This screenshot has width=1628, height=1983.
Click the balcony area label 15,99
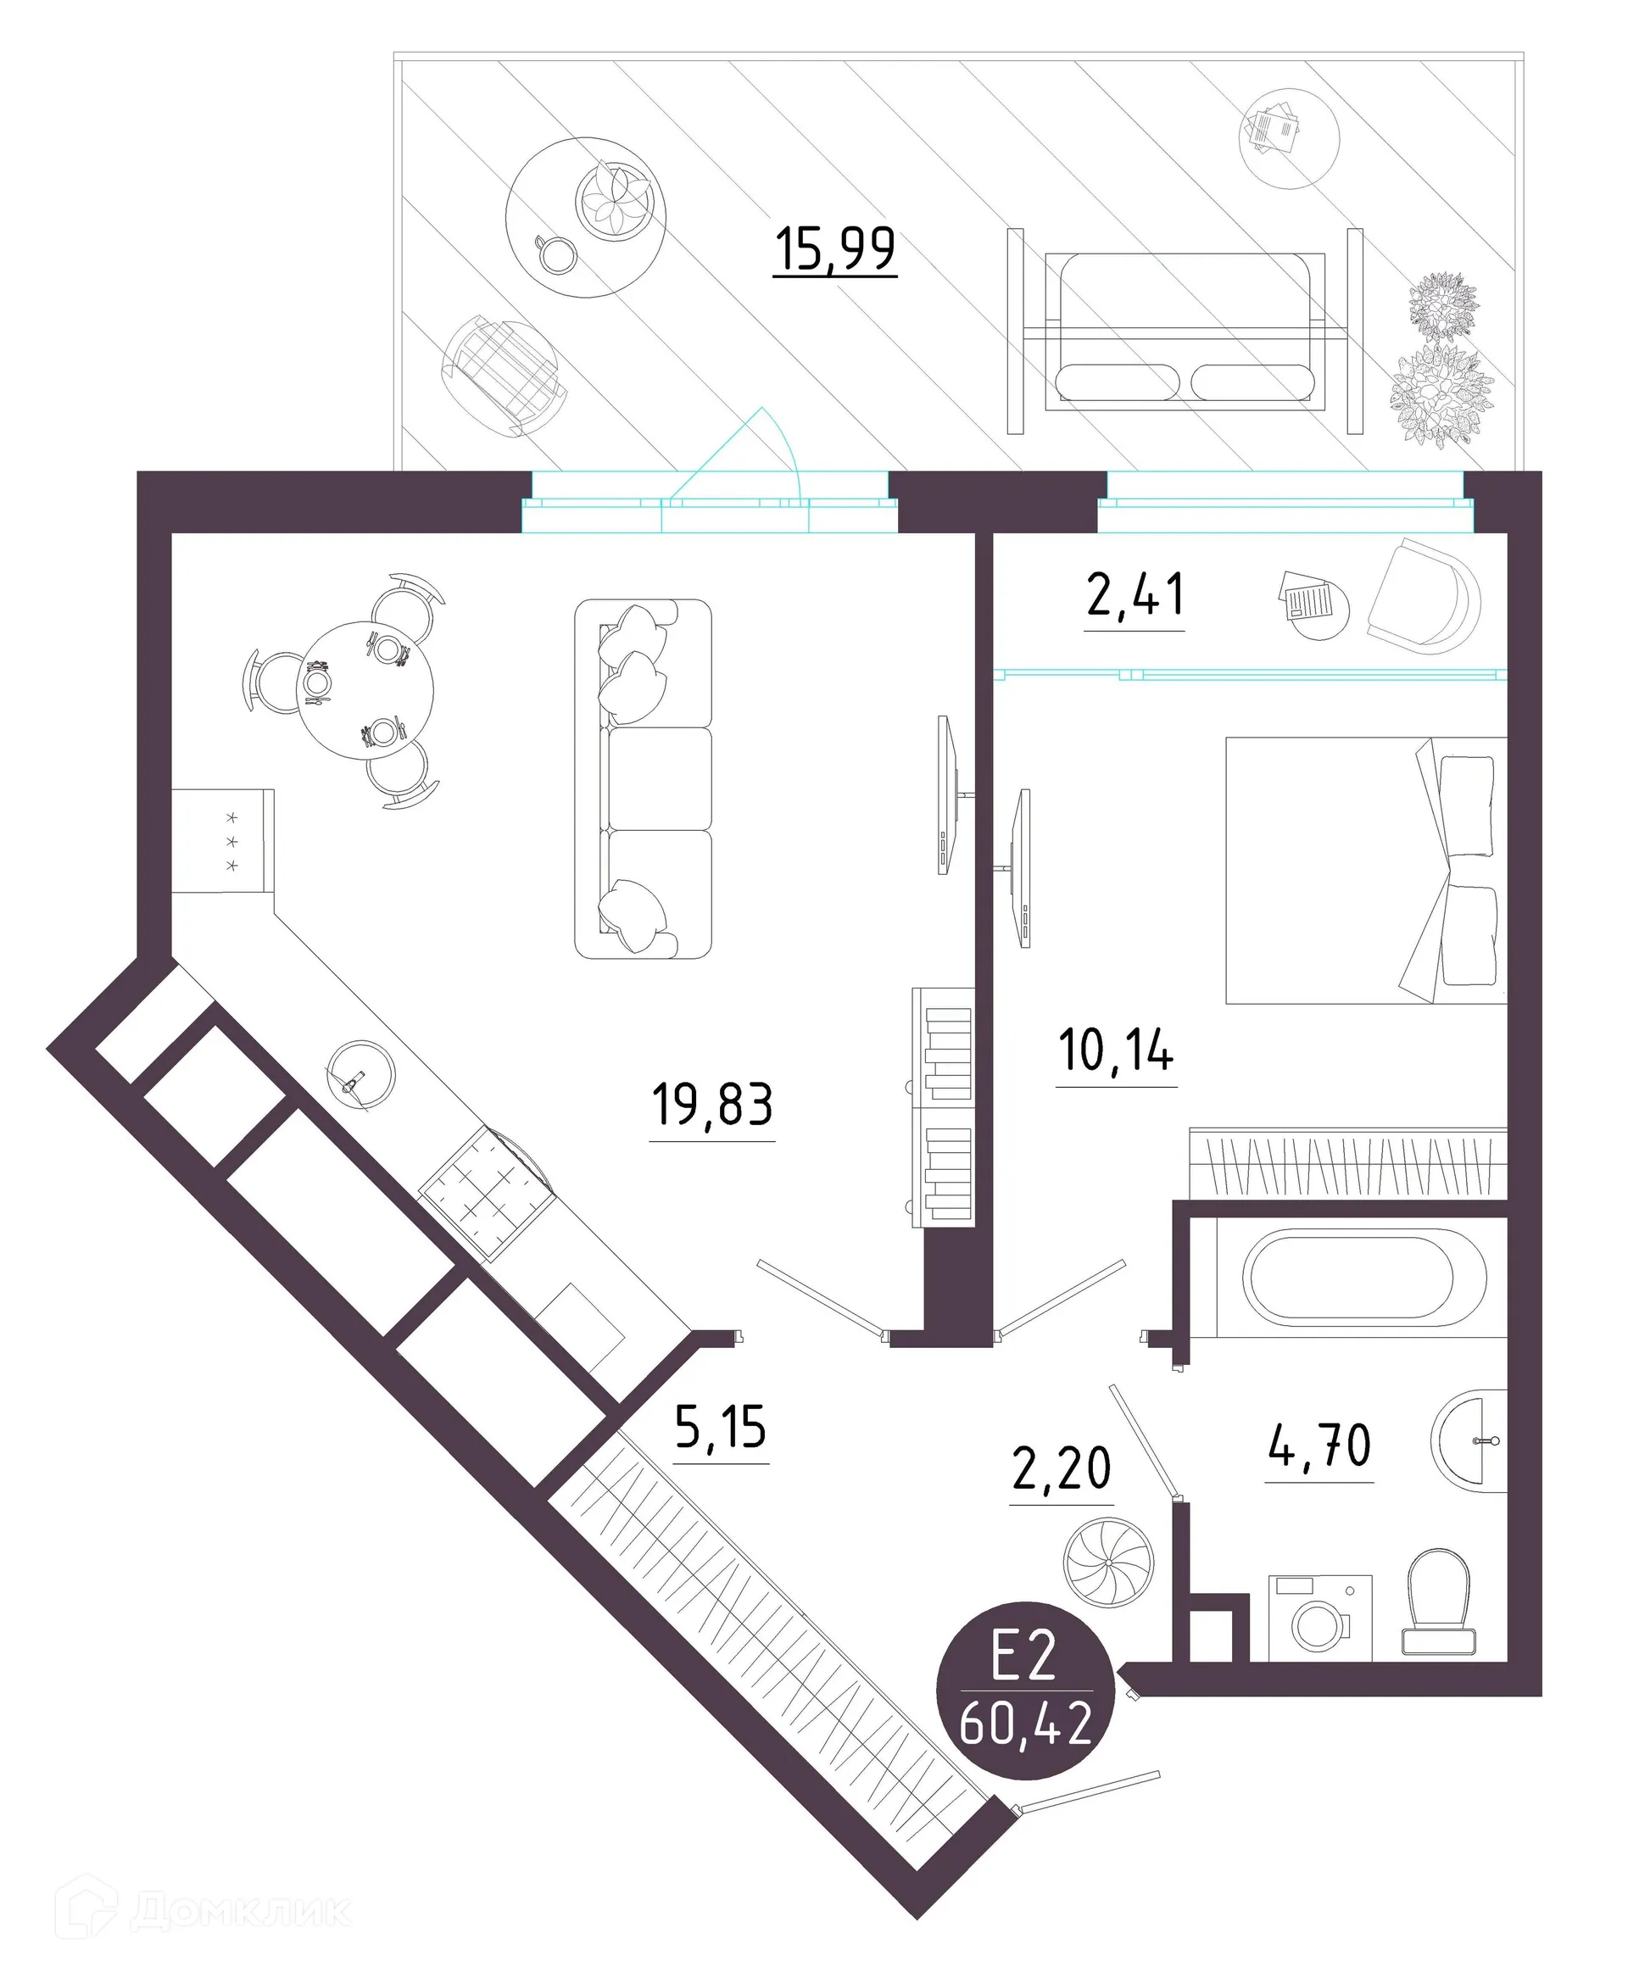coord(834,249)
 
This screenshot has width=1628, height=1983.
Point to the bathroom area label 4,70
coord(1319,1445)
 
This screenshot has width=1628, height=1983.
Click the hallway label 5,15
coord(720,1428)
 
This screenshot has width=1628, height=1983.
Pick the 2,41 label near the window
coord(1135,595)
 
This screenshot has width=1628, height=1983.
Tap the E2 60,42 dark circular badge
coord(1026,1691)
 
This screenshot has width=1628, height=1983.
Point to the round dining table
coord(365,690)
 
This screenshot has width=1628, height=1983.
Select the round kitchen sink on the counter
coord(360,1074)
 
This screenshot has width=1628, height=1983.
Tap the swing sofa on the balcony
coord(1185,330)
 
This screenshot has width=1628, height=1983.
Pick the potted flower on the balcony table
coord(613,201)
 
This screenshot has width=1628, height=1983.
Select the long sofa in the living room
coord(644,778)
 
